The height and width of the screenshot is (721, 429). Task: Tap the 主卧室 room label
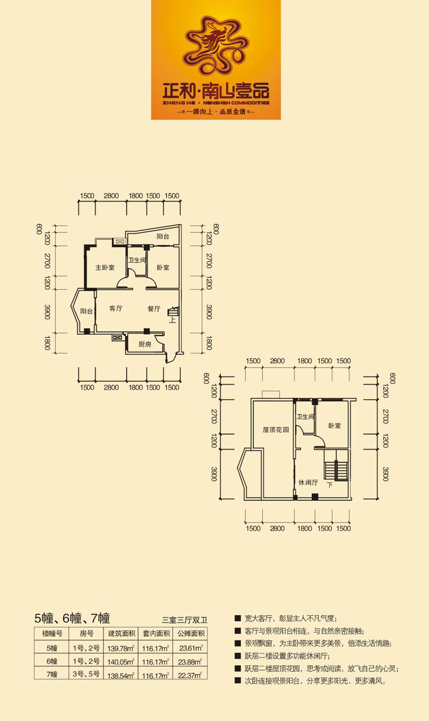pyautogui.click(x=105, y=268)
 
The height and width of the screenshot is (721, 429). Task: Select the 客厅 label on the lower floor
pyautogui.click(x=116, y=308)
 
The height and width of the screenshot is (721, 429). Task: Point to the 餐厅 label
pyautogui.click(x=154, y=308)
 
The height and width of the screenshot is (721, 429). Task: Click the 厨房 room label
pyautogui.click(x=145, y=344)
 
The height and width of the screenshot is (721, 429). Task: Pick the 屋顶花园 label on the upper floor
pyautogui.click(x=276, y=430)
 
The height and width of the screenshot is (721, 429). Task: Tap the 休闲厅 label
pyautogui.click(x=308, y=482)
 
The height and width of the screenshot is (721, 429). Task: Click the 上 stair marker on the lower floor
pyautogui.click(x=173, y=320)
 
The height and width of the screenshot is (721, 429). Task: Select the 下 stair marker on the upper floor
pyautogui.click(x=330, y=485)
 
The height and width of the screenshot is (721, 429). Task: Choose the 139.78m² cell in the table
pyautogui.click(x=121, y=648)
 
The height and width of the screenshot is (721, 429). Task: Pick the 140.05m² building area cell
pyautogui.click(x=121, y=662)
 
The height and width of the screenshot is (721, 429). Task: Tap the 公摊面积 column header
pyautogui.click(x=191, y=634)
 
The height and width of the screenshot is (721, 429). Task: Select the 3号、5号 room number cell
pyautogui.click(x=86, y=674)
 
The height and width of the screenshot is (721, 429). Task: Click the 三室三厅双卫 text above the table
pyautogui.click(x=184, y=620)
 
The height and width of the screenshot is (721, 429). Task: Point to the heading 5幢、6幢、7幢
pyautogui.click(x=72, y=618)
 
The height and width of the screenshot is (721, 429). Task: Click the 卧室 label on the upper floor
pyautogui.click(x=335, y=425)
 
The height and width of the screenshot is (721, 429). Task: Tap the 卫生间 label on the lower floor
pyautogui.click(x=137, y=260)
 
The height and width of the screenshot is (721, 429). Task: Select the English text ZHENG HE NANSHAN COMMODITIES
pyautogui.click(x=216, y=103)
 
